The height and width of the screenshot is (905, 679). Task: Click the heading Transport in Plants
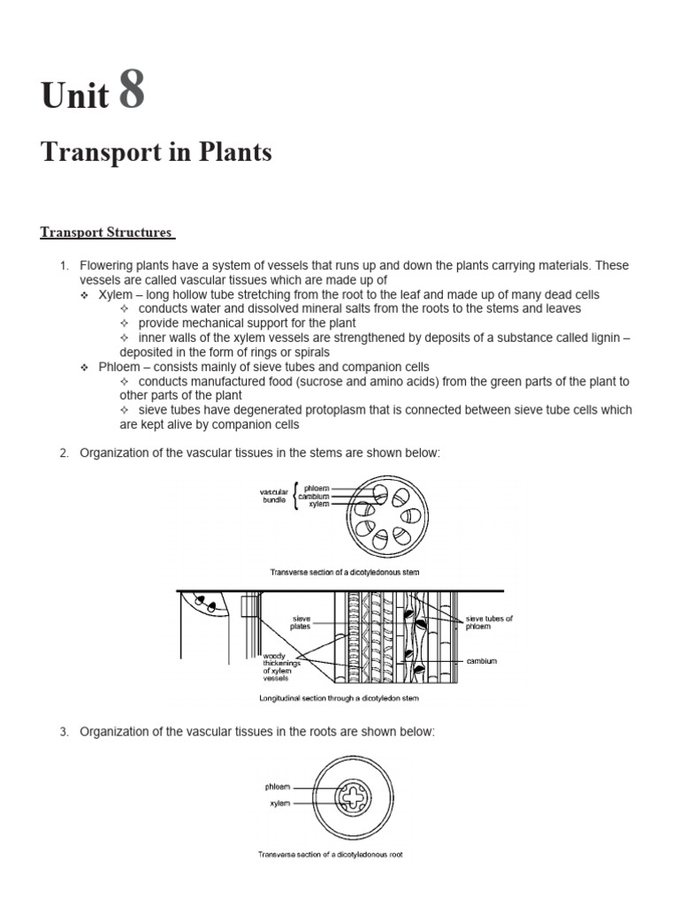coord(156,152)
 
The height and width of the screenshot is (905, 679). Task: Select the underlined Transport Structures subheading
coord(107,232)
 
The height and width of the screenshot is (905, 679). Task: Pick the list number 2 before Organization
coord(64,453)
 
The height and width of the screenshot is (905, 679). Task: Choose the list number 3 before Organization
coord(64,732)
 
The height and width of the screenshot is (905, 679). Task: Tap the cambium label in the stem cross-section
coord(314,496)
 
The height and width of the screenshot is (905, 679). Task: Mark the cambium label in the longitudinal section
coord(482,660)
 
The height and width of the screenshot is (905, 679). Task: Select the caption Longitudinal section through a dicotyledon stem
coord(339,698)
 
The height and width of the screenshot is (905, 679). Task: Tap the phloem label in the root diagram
coord(277,786)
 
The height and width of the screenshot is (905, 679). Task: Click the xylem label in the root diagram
coord(279,803)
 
